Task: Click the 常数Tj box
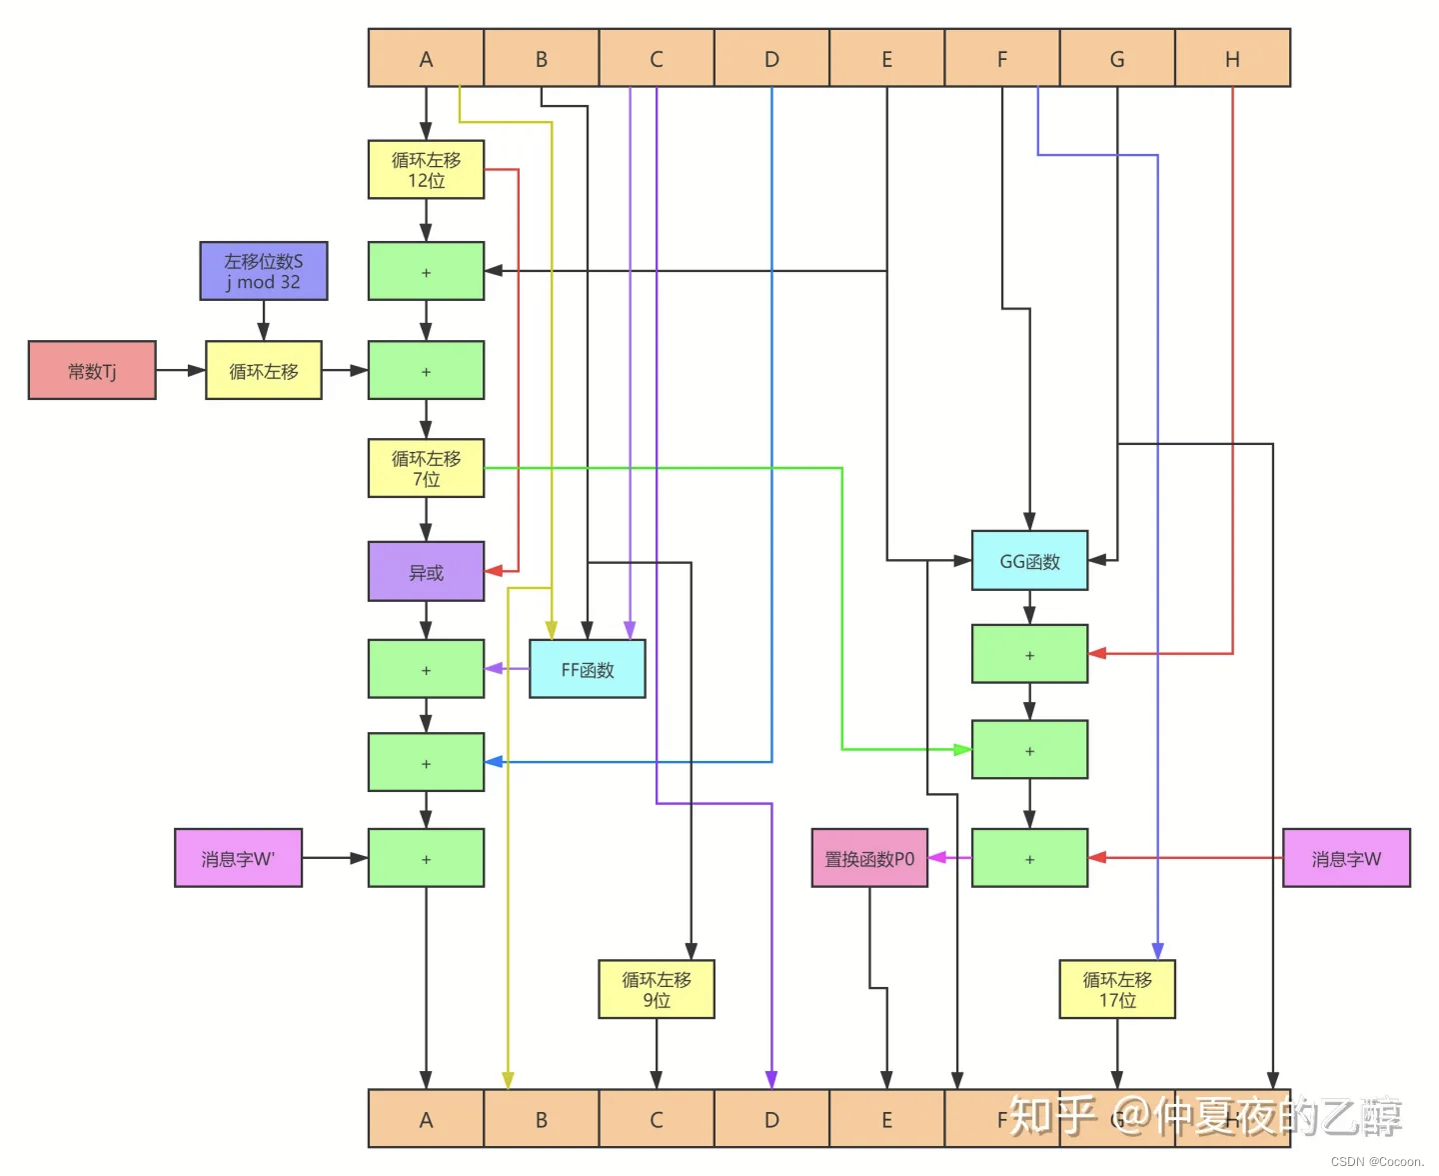click(x=92, y=370)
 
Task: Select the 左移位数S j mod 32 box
click(x=264, y=271)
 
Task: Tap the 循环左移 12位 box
click(x=426, y=169)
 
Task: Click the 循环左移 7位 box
click(x=426, y=468)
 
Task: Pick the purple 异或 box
click(x=426, y=572)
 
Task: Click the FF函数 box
click(x=587, y=669)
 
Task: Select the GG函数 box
click(x=1029, y=561)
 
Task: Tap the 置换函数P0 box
click(x=869, y=858)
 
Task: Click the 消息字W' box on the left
click(x=238, y=858)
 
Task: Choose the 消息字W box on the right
click(x=1346, y=858)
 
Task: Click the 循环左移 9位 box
click(x=657, y=989)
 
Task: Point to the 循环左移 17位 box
click(x=1117, y=989)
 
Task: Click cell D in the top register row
click(x=771, y=58)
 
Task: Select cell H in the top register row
click(x=1232, y=58)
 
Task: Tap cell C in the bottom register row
click(x=657, y=1119)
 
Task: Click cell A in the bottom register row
click(x=426, y=1119)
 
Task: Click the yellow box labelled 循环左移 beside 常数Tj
click(x=264, y=370)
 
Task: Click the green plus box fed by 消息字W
click(x=1029, y=858)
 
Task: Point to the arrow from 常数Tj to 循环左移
click(x=181, y=370)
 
